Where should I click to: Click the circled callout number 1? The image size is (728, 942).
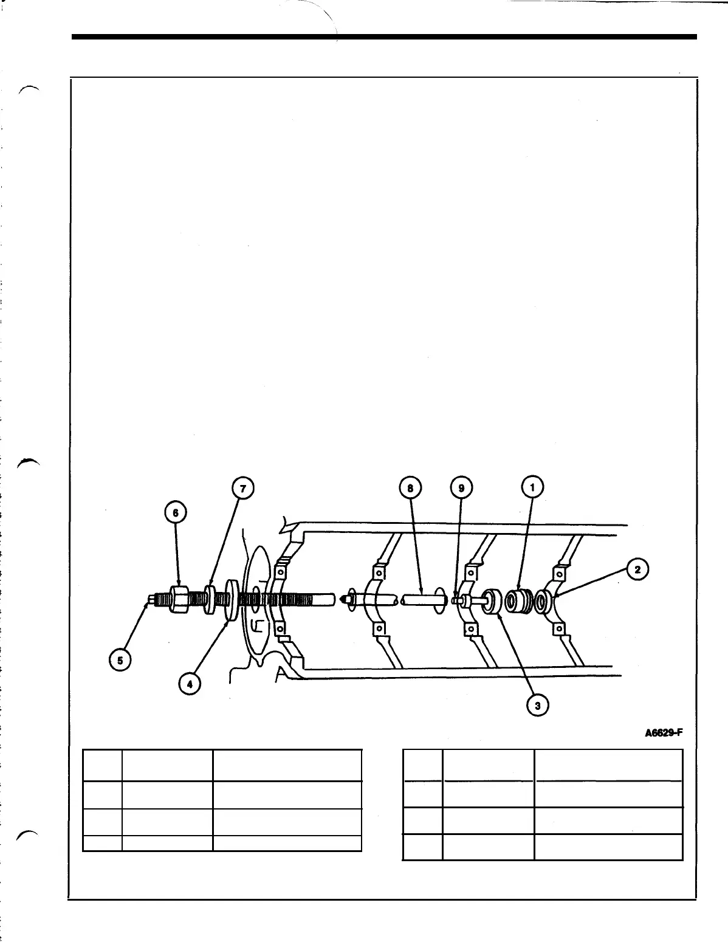pyautogui.click(x=533, y=488)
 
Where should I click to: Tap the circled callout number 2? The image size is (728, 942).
pyautogui.click(x=637, y=569)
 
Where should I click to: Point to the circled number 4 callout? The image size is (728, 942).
pyautogui.click(x=190, y=684)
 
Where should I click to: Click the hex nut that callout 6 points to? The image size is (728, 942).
pyautogui.click(x=180, y=600)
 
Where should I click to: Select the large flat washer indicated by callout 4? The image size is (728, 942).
pyautogui.click(x=232, y=600)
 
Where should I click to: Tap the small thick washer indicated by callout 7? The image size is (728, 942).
pyautogui.click(x=210, y=600)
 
